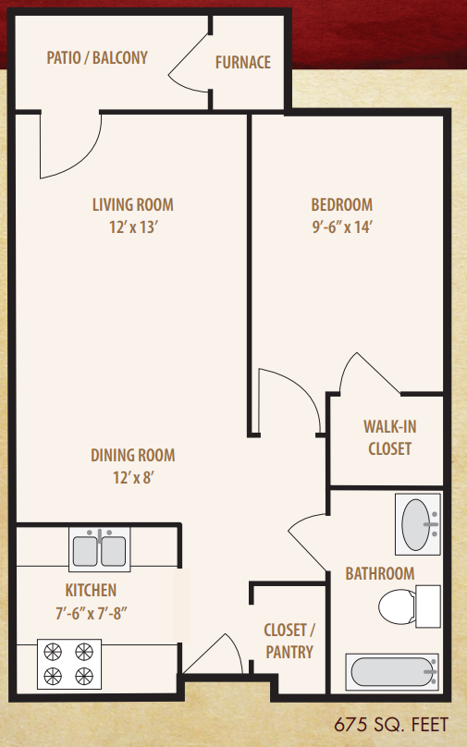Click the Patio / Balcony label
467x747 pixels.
click(97, 57)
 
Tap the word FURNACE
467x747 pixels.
click(243, 62)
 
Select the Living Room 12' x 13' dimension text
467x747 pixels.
click(133, 227)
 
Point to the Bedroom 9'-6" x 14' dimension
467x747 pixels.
click(342, 227)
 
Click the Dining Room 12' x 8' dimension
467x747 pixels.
click(133, 477)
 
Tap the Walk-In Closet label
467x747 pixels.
click(390, 437)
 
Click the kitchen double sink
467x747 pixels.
click(100, 549)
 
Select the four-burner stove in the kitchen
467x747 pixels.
click(69, 664)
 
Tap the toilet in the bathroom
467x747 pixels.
click(410, 606)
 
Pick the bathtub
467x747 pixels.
click(392, 672)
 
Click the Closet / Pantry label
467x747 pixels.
click(289, 641)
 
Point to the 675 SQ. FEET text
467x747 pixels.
click(391, 725)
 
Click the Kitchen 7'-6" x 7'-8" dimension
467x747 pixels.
click(91, 613)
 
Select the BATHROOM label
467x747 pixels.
click(380, 573)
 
